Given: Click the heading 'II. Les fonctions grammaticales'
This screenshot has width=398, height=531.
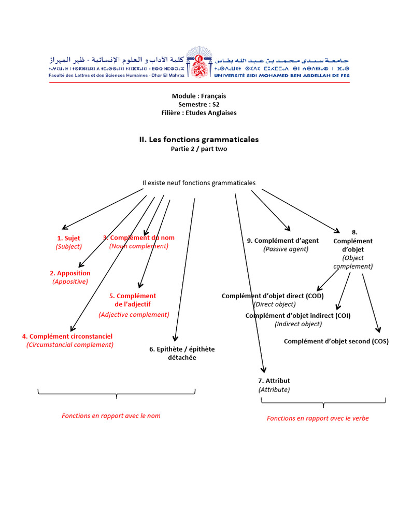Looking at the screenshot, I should [199, 139].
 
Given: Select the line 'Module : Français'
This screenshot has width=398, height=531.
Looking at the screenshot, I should [199, 96].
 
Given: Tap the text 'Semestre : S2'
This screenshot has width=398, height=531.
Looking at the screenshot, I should [199, 104].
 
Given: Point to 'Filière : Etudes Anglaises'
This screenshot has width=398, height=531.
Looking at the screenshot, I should [199, 113].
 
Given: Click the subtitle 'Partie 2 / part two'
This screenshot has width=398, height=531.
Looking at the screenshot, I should [199, 149].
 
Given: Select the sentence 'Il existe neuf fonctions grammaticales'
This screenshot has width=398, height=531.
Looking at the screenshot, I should [199, 183].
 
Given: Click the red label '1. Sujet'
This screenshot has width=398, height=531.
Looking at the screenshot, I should [69, 238].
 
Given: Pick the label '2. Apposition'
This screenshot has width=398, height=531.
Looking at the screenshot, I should [70, 273].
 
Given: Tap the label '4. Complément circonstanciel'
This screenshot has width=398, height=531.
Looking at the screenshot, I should [67, 336].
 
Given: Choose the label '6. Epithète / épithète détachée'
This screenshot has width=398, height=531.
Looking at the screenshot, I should [182, 353].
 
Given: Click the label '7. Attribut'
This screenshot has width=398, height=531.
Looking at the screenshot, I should [274, 381].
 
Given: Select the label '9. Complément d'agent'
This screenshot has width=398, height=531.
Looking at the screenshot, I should [283, 241].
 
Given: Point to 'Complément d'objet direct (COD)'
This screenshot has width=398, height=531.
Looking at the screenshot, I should [273, 296].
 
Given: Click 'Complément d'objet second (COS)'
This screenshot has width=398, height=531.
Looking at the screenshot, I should [336, 341].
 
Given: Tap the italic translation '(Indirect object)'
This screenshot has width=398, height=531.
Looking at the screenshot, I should [298, 324].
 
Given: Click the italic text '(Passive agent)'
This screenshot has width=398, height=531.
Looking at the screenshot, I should [286, 249].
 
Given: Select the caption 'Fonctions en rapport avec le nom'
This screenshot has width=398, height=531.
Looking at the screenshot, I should [111, 416].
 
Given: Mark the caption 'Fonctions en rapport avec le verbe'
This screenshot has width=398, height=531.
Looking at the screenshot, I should [318, 418].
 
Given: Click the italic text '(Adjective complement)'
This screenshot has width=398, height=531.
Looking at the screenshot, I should [134, 314].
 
